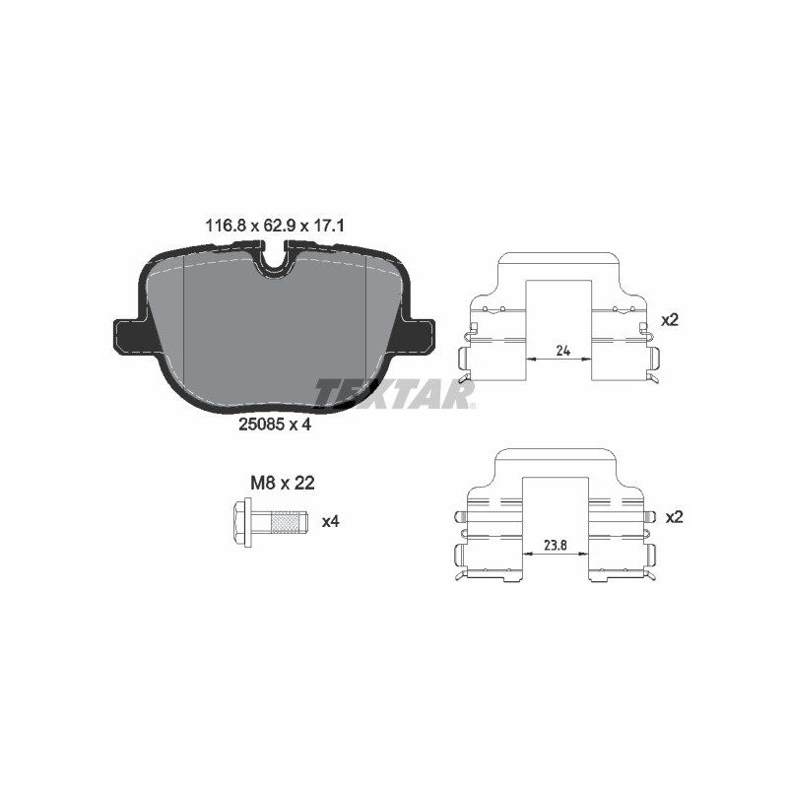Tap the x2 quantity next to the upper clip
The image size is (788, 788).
coord(670,320)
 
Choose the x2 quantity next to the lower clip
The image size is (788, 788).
coord(674,517)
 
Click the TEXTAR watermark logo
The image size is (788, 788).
coord(394,393)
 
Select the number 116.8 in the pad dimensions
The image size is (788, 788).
coord(225,226)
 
